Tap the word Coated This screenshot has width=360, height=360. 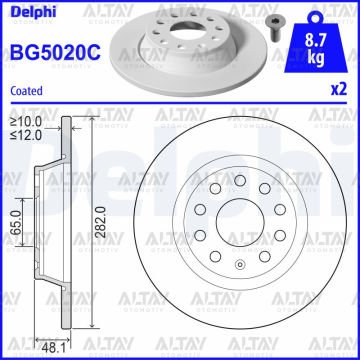point(26,90)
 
